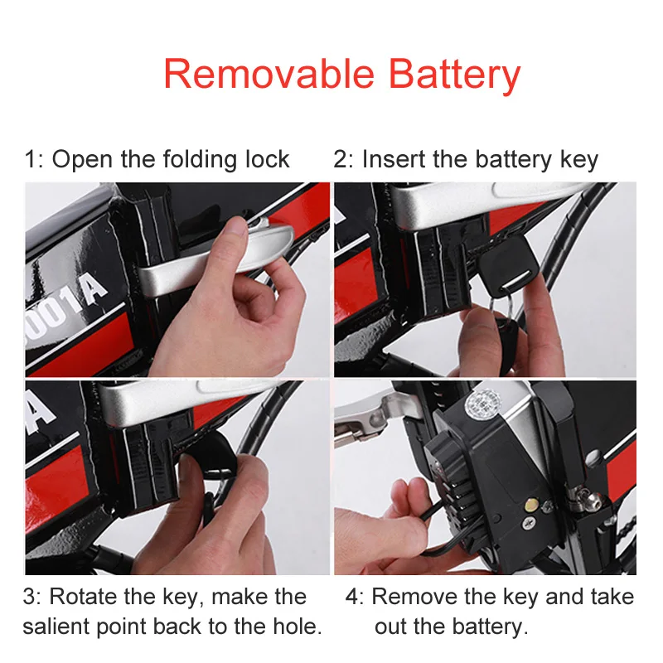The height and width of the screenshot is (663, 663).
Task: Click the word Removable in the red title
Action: click(x=269, y=74)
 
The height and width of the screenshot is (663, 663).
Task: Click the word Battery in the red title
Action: click(x=454, y=75)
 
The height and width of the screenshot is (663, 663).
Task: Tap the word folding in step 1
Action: click(x=200, y=160)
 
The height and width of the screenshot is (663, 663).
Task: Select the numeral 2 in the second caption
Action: click(x=339, y=160)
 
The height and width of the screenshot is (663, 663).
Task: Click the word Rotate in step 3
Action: click(x=84, y=597)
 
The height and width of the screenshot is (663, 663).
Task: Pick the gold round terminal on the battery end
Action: click(x=531, y=504)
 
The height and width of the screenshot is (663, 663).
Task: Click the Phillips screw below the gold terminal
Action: click(x=530, y=523)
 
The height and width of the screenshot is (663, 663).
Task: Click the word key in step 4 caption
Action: click(x=522, y=598)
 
